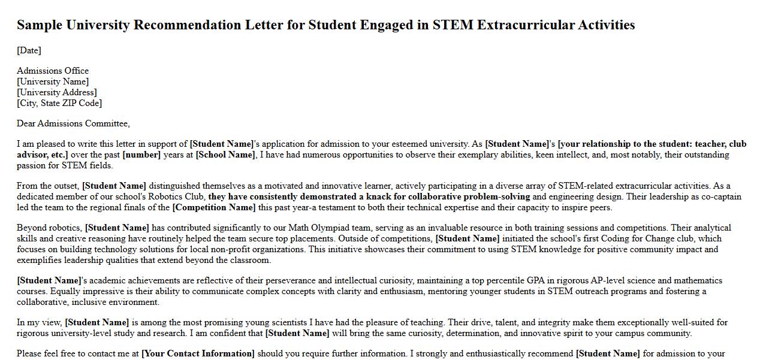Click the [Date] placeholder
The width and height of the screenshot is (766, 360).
tap(29, 50)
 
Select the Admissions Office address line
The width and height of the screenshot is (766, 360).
tap(53, 71)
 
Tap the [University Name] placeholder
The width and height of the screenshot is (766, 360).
tap(53, 81)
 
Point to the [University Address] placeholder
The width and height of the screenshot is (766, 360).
tap(57, 92)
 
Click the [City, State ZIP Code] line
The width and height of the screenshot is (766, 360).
tap(59, 103)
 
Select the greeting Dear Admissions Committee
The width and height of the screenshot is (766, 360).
tap(73, 123)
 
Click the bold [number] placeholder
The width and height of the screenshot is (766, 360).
tap(141, 155)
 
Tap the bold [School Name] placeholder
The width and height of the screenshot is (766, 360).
tap(225, 155)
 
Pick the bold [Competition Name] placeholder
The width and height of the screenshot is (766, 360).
tap(214, 207)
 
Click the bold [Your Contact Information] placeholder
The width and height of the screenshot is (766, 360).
tap(198, 353)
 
